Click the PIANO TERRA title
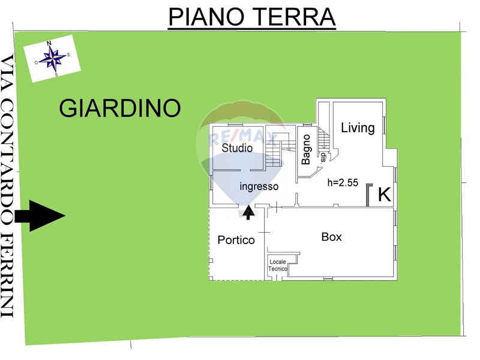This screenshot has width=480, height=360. point(252,17)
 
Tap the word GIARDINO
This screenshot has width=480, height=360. point(120,108)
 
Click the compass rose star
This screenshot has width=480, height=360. point(53,58)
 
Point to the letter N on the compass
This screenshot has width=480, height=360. point(49,43)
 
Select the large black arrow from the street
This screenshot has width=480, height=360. point(40,216)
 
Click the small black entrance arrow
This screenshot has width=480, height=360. point(248,212)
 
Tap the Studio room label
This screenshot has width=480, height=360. point(237,148)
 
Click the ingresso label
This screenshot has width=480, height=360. point(259,186)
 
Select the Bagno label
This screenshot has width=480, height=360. point(306,149)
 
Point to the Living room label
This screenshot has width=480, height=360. point(358,128)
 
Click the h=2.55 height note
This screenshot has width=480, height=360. point(343,182)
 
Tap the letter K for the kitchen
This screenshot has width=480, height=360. point(385,194)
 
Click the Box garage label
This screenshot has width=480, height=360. point(332,237)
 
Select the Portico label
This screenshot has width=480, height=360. point(236,240)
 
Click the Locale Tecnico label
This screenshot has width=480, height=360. point(278,265)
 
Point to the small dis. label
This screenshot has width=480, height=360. point(323,157)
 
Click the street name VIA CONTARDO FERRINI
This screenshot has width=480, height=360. point(7,186)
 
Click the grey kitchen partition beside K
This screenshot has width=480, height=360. point(368,194)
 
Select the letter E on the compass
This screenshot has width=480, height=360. point(69,55)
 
